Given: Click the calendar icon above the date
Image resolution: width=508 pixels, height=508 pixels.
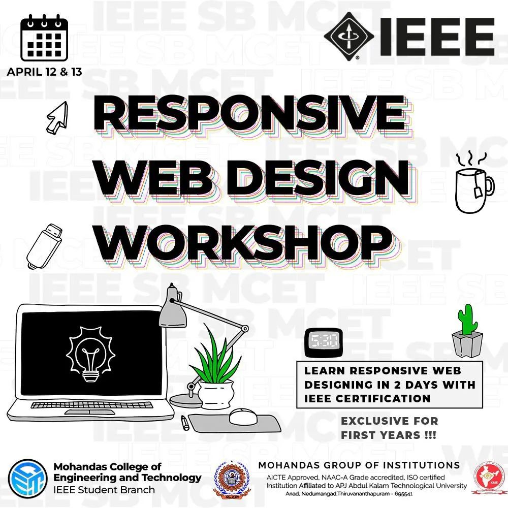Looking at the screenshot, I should [x=44, y=38].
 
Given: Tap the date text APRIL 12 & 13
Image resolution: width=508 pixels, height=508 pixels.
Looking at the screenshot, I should [x=44, y=72].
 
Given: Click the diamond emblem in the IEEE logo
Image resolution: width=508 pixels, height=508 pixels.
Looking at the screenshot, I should [x=350, y=36].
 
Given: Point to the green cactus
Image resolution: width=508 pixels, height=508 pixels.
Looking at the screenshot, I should [x=466, y=322].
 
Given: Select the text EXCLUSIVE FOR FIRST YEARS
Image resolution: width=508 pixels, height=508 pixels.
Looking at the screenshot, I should [x=389, y=428].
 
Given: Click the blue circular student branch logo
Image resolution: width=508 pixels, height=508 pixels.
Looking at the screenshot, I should [x=28, y=478].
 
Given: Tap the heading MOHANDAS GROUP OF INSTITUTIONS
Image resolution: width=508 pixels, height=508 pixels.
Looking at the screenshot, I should [x=359, y=465].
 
